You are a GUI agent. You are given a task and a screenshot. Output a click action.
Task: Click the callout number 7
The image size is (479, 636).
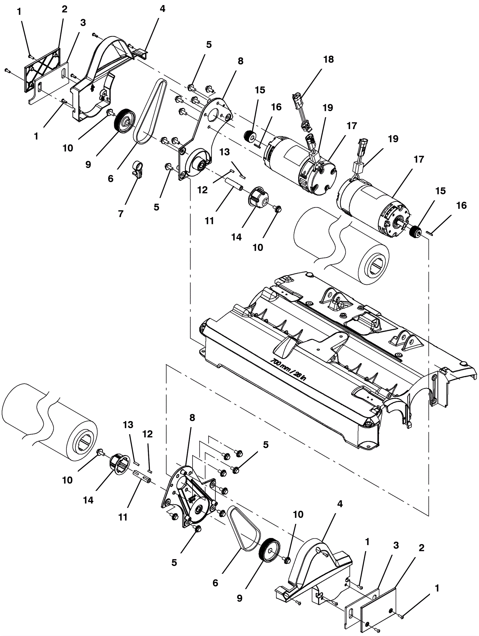point(121,213)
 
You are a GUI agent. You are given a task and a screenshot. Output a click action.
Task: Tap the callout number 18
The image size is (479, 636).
point(328,59)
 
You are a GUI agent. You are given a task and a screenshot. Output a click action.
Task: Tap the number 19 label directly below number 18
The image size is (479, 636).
point(328,107)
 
